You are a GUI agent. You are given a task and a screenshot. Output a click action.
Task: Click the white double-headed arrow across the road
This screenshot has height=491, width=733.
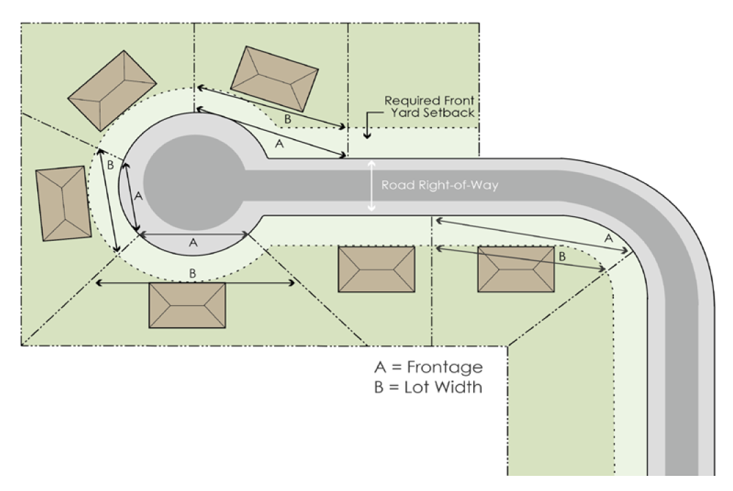coord(372,185)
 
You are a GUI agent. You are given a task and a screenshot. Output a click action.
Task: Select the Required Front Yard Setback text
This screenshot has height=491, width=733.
coord(429,107)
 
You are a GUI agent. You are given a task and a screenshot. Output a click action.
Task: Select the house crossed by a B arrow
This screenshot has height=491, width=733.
coord(516,269)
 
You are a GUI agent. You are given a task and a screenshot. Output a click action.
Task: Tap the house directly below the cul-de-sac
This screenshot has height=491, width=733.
coord(187,305)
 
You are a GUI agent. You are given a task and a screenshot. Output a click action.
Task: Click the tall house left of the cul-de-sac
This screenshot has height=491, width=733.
coord(63,203)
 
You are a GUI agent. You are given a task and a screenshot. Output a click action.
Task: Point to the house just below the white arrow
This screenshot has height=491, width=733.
coord(376,269)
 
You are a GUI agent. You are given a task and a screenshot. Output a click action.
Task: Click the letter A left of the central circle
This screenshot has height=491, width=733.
coord(137,196)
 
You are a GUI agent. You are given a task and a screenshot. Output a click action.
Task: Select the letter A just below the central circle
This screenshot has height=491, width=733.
coord(193,242)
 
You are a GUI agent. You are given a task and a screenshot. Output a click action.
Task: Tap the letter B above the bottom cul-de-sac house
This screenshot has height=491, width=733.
coord(193,273)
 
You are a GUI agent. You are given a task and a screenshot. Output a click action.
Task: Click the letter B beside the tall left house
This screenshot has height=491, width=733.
coord(109,165)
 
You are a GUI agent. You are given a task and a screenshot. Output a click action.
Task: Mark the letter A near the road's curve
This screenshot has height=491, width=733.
coord(608,237)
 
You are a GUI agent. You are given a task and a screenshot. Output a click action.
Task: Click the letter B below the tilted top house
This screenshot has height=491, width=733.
coord(287,118)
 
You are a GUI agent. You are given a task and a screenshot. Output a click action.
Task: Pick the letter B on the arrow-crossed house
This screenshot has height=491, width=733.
coord(561,255)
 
